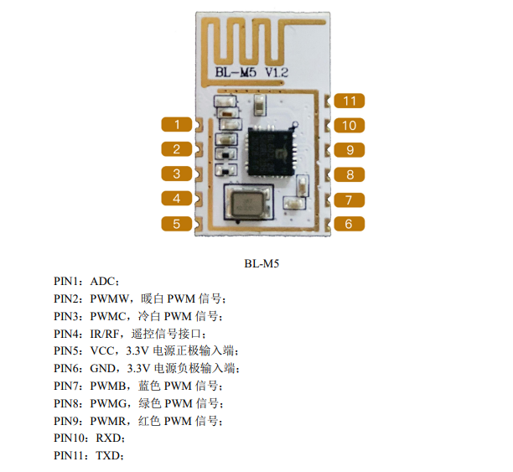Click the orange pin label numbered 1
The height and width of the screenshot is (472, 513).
177,125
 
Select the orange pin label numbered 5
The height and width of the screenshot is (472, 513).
177,224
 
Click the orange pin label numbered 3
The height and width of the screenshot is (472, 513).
177,174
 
